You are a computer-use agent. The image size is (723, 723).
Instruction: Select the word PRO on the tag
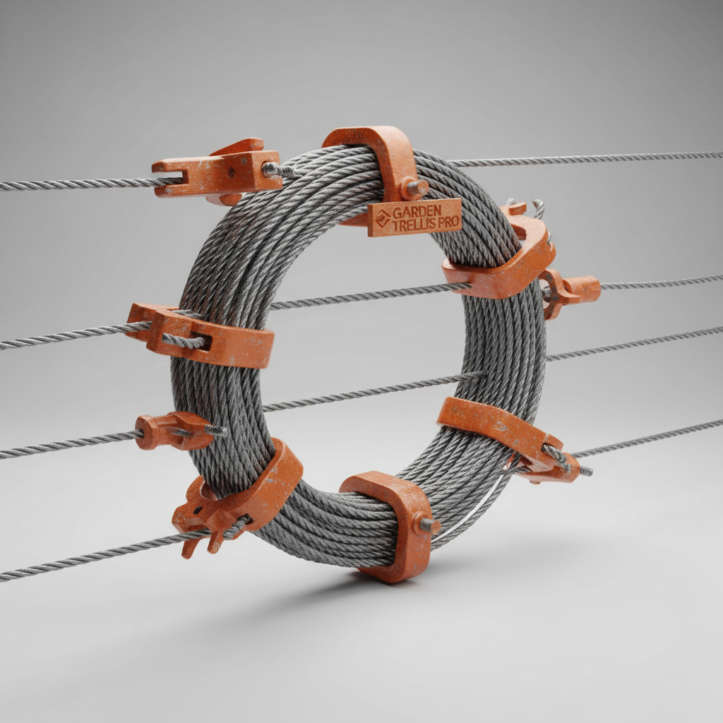[448, 222]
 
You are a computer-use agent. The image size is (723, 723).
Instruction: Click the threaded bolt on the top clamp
[414, 188]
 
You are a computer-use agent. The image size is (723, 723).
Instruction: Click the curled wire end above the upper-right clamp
[538, 206]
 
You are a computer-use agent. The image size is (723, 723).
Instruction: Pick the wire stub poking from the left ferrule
[215, 430]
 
